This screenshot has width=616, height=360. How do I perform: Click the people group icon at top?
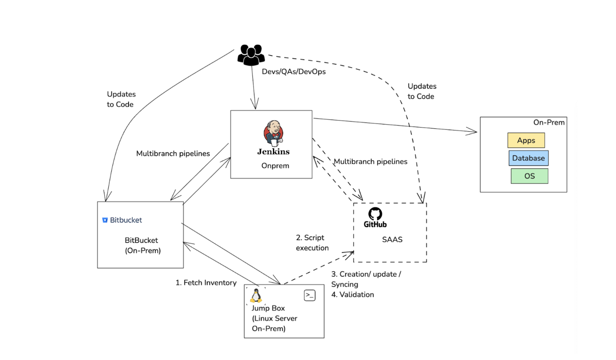251,55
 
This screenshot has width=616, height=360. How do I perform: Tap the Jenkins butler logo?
273,133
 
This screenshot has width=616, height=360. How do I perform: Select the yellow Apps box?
526,141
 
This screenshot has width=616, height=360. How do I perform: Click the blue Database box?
528,158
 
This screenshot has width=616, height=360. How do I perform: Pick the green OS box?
529,176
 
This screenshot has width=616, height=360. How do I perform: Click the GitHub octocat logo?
375,214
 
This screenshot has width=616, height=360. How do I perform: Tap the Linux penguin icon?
256,296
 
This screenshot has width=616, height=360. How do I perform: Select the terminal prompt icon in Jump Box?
310,295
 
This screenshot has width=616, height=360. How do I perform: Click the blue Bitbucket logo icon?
105,220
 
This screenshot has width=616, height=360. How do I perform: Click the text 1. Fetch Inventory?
206,283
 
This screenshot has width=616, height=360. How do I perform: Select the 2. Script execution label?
312,243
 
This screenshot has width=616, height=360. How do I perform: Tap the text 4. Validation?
352,295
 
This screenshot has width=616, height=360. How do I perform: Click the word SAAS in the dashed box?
392,240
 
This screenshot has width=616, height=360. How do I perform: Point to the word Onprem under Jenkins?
275,166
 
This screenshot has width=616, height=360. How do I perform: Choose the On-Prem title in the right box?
549,122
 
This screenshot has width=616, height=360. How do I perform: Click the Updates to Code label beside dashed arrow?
422,91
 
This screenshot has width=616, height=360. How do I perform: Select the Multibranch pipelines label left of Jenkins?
173,154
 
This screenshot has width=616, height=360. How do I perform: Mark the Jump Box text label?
268,308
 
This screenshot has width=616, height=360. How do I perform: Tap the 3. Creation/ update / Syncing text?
366,279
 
